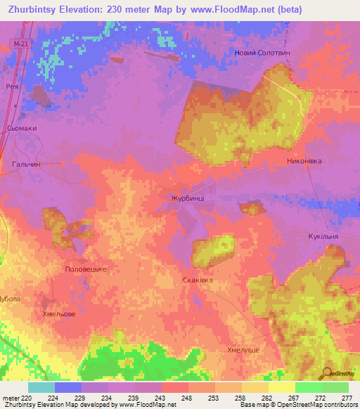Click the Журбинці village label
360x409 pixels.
(x=188, y=199)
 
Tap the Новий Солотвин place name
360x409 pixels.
(x=262, y=54)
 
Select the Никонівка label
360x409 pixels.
(x=304, y=161)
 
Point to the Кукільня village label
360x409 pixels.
(x=323, y=237)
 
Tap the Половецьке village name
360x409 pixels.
(x=85, y=269)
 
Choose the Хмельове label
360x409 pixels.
(x=59, y=314)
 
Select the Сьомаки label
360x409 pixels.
(x=20, y=129)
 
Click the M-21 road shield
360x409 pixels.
(x=21, y=44)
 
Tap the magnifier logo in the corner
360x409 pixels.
(x=329, y=373)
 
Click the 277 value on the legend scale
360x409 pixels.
(x=347, y=398)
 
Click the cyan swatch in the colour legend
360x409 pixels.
(x=41, y=387)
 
